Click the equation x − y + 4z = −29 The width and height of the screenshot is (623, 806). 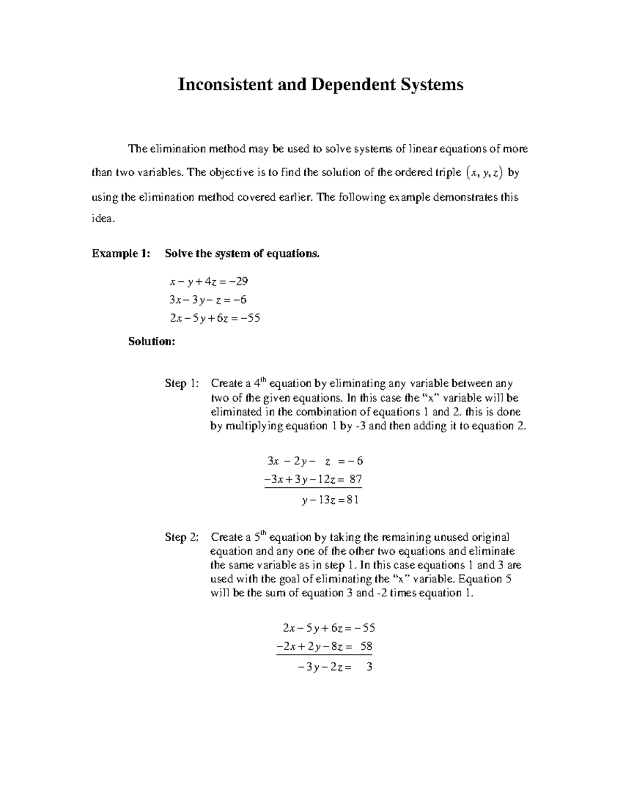coord(209,282)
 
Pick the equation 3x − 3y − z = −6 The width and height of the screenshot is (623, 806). coord(208,300)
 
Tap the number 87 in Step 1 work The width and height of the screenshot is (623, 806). coord(355,480)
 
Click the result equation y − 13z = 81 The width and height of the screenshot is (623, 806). coord(330,500)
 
